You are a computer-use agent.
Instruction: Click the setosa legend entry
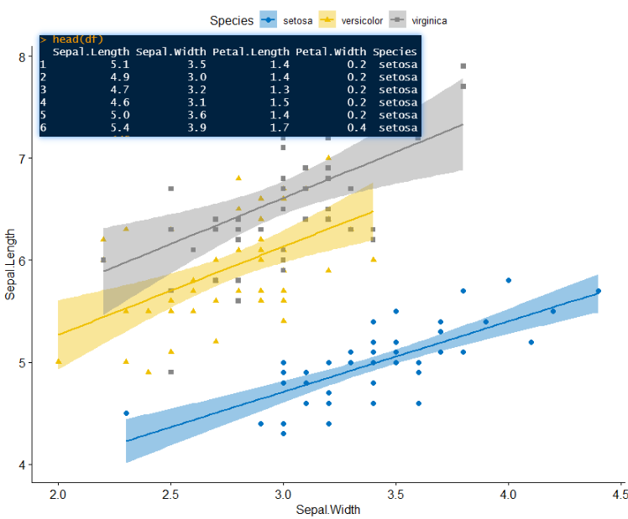286,20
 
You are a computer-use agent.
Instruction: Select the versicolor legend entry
350,20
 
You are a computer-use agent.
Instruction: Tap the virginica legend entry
418,20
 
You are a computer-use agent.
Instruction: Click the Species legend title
232,20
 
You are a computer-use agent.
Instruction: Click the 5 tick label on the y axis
22,363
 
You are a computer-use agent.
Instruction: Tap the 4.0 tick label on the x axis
508,495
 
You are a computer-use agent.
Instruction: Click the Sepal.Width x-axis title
328,510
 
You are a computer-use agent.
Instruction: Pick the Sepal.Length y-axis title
10,264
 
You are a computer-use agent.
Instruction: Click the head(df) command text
78,39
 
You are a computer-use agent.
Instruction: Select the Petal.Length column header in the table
251,52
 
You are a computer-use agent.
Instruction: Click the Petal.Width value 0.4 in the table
357,128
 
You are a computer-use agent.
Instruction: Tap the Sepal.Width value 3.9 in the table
196,128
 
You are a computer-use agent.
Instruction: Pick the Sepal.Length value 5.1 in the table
120,65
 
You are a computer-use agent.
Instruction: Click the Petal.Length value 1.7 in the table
280,128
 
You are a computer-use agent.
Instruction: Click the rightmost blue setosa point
599,291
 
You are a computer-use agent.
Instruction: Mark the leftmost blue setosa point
126,413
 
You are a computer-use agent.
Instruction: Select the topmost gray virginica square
463,66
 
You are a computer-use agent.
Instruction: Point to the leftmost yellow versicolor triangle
59,361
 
